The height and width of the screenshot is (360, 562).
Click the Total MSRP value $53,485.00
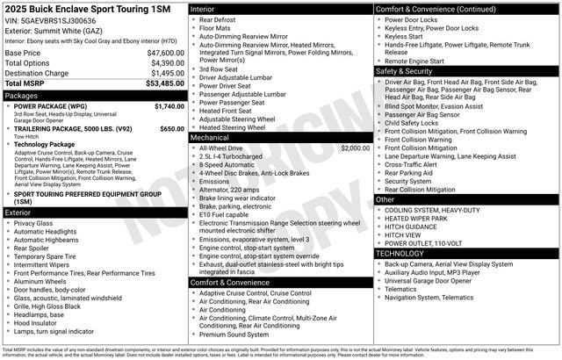(161, 83)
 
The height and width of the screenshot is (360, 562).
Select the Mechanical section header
(210, 138)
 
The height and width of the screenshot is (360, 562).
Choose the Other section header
(385, 199)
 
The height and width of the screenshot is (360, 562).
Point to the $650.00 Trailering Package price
(172, 128)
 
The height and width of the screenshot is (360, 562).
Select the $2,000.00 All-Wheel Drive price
(355, 148)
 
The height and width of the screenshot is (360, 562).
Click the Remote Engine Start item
(421, 61)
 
